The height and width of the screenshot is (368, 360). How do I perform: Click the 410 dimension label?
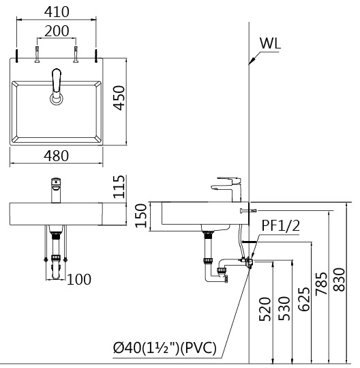coord(57,12)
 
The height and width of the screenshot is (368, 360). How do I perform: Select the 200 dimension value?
coord(57,31)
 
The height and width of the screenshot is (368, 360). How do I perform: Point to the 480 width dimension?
coord(56,156)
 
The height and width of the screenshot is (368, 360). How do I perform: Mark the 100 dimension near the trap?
coord(79,279)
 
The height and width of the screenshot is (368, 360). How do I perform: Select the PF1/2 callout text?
coord(280,225)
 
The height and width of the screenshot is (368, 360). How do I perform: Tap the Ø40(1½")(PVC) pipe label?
coord(165,348)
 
